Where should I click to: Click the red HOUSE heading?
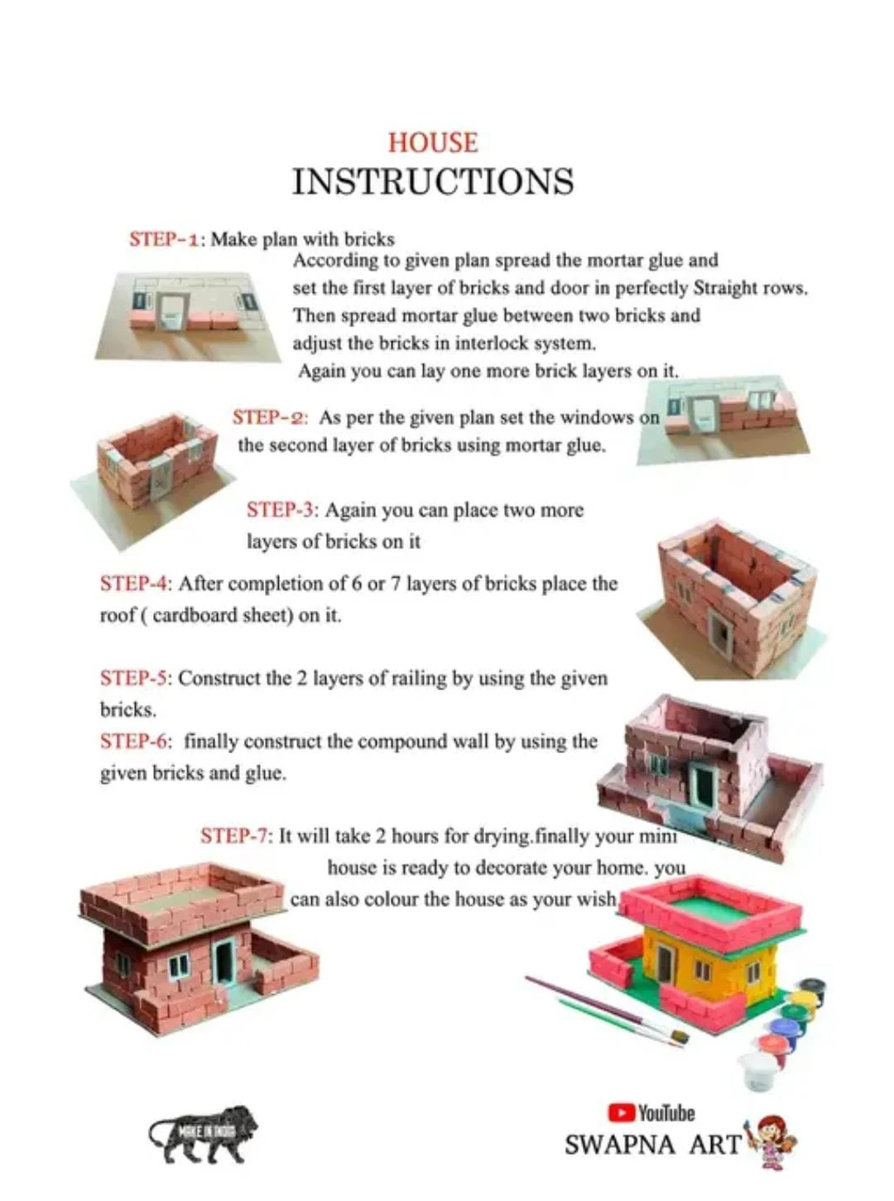pos(433,143)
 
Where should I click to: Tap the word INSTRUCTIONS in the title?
pos(433,181)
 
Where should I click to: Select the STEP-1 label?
pos(165,239)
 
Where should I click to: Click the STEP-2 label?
pos(269,417)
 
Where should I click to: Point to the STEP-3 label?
pos(281,510)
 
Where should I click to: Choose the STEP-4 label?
pos(135,584)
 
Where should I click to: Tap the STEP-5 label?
pos(135,678)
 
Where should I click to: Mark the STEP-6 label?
pos(135,741)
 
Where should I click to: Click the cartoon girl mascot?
pos(772,1141)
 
